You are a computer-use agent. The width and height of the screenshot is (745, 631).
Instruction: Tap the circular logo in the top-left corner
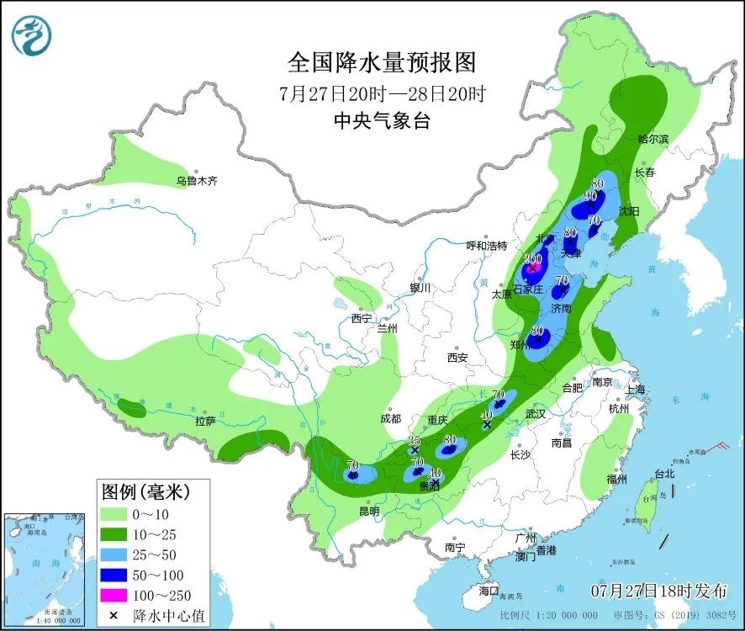pyautogui.click(x=32, y=34)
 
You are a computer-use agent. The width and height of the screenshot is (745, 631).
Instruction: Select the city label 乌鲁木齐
pyautogui.click(x=197, y=181)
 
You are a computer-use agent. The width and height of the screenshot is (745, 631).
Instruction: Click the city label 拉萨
pyautogui.click(x=205, y=421)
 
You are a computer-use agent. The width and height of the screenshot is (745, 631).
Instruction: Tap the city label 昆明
pyautogui.click(x=369, y=511)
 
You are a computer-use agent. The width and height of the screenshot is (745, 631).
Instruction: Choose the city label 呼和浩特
pyautogui.click(x=487, y=246)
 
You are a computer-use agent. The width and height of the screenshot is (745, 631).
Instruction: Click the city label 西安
pyautogui.click(x=457, y=358)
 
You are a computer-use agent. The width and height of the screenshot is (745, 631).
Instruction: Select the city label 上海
pyautogui.click(x=635, y=389)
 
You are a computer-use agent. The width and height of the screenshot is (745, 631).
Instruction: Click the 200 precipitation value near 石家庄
pyautogui.click(x=532, y=259)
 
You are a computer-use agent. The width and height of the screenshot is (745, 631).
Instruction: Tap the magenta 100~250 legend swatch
pyautogui.click(x=117, y=595)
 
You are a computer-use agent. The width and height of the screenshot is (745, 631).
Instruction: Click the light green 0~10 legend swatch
pyautogui.click(x=117, y=512)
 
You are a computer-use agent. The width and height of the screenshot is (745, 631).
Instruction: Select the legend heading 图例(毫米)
pyautogui.click(x=145, y=490)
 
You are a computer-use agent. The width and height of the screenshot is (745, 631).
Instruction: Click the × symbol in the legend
pyautogui.click(x=113, y=616)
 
